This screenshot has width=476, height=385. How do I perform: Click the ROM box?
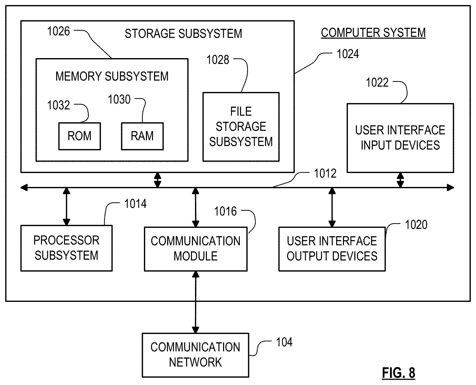pos(79,136)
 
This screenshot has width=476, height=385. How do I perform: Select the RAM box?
pos(142,136)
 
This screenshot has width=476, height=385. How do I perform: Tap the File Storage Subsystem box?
pos(241,127)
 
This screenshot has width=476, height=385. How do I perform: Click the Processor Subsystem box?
pos(66,248)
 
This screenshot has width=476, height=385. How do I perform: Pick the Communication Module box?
pos(196,249)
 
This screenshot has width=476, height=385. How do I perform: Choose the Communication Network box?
pos(195,355)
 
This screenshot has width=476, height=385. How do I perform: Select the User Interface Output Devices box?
pos(332,249)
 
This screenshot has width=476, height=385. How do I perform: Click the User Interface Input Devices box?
pos(400,138)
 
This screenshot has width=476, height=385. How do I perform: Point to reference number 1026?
pos(58,32)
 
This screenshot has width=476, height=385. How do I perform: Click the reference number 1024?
pos(348,54)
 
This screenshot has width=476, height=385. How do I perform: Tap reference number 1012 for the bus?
pos(325,174)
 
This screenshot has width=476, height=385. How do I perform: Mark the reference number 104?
pos(284,343)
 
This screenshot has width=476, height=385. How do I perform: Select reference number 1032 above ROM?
pos(58,105)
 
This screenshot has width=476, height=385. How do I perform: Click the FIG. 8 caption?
pos(398,373)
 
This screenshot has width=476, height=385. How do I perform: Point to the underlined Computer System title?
pos(373,33)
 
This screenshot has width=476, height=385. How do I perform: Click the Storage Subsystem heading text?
pos(183,34)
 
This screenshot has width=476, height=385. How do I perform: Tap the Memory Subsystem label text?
pos(112,76)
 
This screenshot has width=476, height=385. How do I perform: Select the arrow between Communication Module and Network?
pos(196,302)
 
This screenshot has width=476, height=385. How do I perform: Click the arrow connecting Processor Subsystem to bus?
pos(67,207)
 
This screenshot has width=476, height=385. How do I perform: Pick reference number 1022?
pos(377,83)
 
